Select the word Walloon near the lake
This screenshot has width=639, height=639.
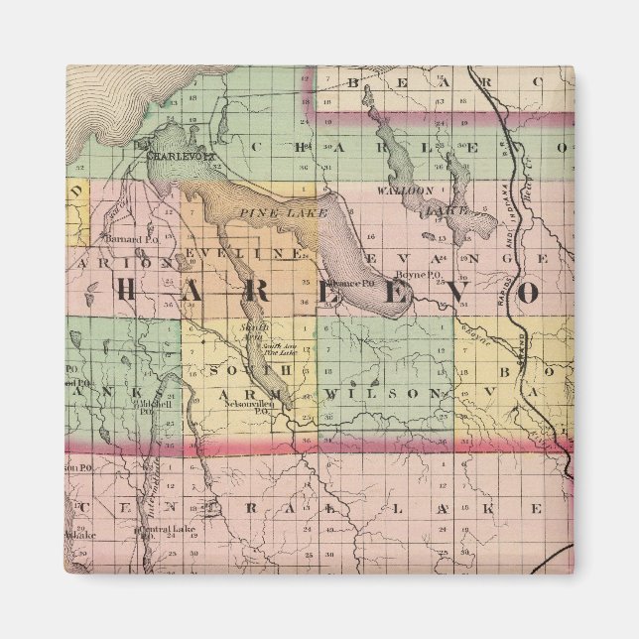click(398, 189)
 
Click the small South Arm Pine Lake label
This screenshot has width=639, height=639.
click(279, 349)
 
